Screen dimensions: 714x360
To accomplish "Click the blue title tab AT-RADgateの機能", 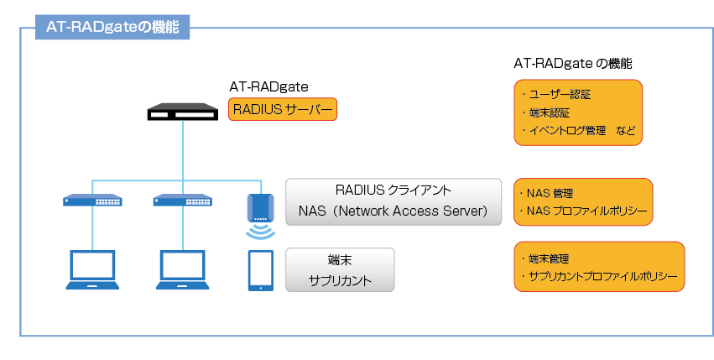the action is coord(112,27).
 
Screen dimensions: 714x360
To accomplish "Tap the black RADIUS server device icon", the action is coord(183,112).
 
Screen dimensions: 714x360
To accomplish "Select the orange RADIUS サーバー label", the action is coord(282,109).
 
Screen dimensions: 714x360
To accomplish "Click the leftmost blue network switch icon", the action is coord(92,200).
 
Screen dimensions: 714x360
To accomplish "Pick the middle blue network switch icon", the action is coord(183,200).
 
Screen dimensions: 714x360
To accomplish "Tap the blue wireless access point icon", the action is coord(260,208).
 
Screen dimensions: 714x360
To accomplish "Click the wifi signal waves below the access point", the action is coord(260,232).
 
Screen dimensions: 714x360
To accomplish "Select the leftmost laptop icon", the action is coord(92,269).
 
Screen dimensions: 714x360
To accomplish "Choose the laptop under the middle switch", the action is coord(183,269).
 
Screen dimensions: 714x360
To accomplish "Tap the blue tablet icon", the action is coord(261,270).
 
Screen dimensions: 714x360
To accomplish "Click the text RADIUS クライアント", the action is coord(393,190).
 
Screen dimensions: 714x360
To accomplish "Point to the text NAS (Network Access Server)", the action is coord(393,211).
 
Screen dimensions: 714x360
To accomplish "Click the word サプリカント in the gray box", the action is coord(340,280).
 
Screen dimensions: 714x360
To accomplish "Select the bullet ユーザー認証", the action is coord(556,95).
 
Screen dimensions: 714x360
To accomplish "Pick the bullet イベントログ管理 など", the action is coord(578,130).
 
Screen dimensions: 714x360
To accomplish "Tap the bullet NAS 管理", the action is coord(545,193).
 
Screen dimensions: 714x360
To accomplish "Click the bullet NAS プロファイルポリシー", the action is coord(583,211).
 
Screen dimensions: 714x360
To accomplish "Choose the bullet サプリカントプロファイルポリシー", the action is coord(599,276).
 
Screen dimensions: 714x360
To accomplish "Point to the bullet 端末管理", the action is coord(545,258).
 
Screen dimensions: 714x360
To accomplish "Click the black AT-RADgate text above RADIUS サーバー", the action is coord(268,86).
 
